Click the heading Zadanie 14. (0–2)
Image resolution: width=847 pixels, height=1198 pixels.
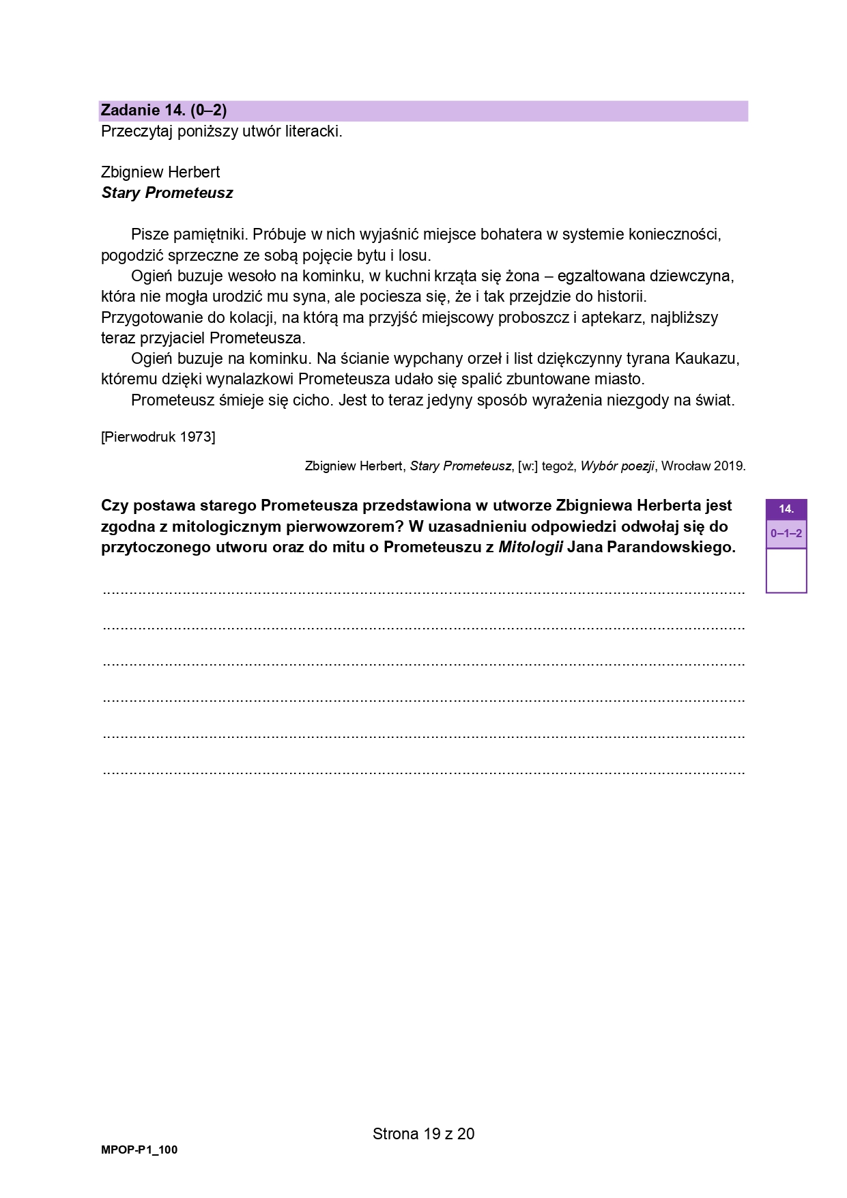164,111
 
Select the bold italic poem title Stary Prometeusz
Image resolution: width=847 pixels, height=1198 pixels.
167,193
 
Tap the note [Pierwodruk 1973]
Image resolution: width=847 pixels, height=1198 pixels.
158,437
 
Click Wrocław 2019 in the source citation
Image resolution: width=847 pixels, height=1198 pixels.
703,466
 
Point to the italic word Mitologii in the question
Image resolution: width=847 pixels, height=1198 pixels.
530,547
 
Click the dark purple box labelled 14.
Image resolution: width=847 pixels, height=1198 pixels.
786,509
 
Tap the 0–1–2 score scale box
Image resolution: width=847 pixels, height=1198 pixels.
786,534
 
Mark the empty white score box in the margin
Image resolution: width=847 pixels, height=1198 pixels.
786,570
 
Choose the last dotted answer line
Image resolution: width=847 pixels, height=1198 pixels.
423,773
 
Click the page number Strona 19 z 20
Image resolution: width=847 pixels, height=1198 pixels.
423,1134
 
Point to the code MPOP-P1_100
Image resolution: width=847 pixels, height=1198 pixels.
139,1150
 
